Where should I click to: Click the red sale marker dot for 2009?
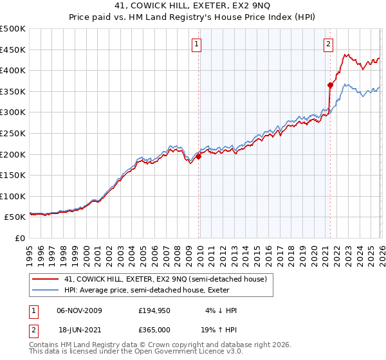pos(198,156)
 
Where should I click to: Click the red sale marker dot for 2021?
pos(330,85)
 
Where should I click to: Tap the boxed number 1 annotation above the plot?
pos(196,44)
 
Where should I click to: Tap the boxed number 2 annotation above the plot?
pos(328,44)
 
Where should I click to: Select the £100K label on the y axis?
pos(13,196)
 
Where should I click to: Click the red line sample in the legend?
pos(46,278)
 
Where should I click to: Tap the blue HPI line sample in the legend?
pos(46,290)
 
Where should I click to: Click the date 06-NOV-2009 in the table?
pos(80,310)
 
